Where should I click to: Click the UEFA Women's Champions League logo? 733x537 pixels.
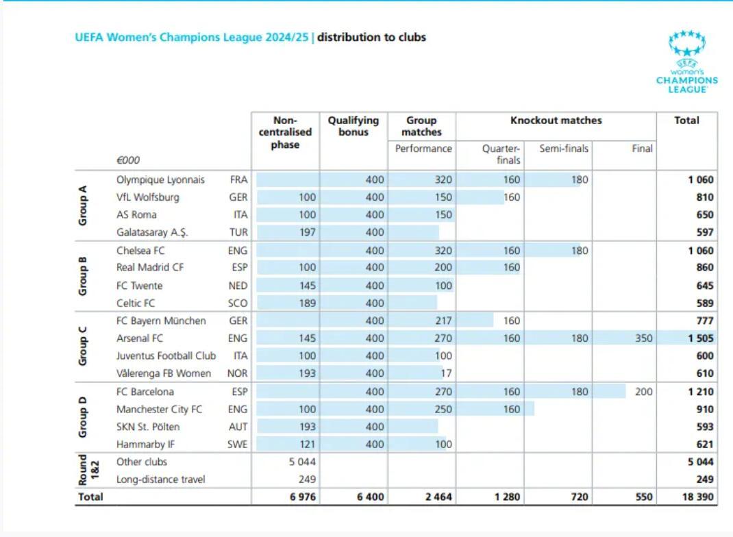pos(686,62)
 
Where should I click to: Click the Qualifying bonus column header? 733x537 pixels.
pos(353,125)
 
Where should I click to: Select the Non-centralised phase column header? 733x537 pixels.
pos(285,132)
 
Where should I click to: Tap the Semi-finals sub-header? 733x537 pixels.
pos(564,149)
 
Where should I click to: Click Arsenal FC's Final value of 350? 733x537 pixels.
pos(643,338)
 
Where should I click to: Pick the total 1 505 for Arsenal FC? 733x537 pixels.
pos(700,338)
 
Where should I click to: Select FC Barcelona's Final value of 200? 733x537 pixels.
pos(643,392)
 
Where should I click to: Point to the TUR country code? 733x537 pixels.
pos(238,232)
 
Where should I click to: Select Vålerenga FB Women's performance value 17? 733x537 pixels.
pos(445,374)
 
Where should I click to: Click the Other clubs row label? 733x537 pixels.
pos(142,462)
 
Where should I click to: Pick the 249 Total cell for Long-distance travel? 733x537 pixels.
pos(704,479)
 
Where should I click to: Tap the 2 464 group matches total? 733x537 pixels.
pos(438,497)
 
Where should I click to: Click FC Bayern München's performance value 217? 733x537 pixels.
pos(443,321)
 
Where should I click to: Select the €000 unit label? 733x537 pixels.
pos(127,160)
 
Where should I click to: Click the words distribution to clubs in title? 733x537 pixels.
pos(371,37)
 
